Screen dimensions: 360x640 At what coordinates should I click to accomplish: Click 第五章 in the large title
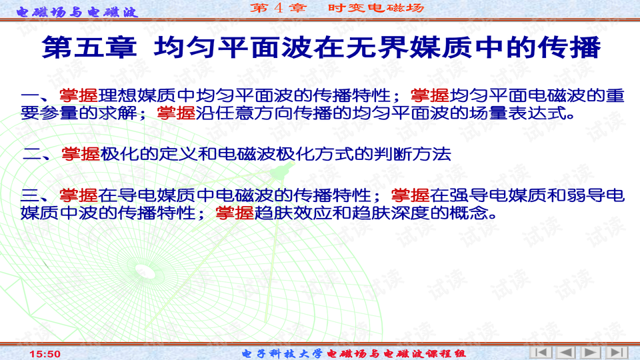[89, 49]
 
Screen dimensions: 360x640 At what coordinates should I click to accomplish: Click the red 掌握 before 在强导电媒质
[410, 195]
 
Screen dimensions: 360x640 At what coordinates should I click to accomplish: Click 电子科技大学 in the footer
[282, 353]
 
